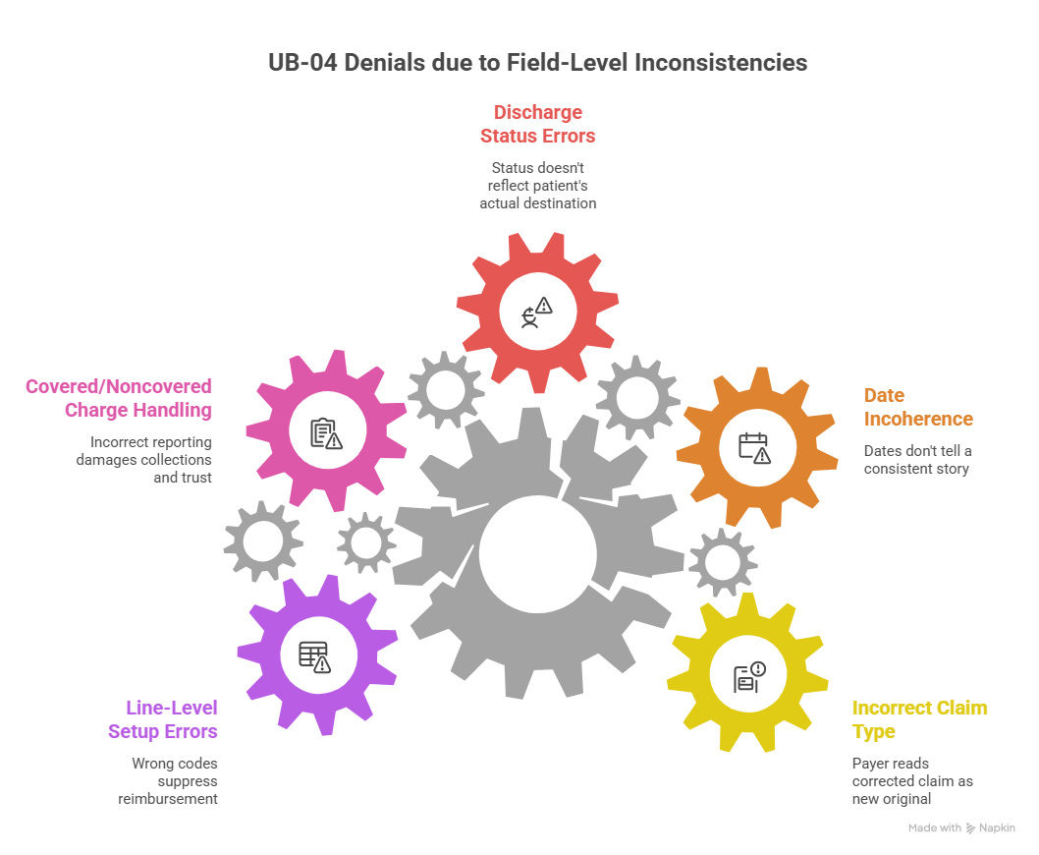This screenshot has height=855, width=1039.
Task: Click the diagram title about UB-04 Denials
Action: click(538, 63)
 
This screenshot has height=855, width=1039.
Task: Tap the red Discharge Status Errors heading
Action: click(537, 123)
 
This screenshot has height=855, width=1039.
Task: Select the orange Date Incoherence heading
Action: click(918, 407)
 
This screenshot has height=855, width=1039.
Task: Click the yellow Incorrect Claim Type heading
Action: click(919, 719)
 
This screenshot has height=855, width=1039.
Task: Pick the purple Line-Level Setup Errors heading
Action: click(162, 719)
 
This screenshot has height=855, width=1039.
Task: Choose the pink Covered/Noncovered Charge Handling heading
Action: click(118, 398)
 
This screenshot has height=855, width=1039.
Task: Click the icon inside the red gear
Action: click(537, 313)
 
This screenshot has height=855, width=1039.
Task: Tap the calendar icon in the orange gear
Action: click(754, 447)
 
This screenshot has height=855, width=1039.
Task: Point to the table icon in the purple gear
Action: click(314, 656)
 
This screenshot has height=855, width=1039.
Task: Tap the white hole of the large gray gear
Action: click(537, 553)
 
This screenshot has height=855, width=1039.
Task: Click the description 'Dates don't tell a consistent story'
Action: click(916, 460)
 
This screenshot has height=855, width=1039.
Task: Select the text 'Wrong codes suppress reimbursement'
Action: click(174, 780)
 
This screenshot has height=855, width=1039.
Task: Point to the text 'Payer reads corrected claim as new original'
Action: click(911, 780)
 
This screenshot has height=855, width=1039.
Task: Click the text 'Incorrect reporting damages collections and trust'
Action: click(144, 460)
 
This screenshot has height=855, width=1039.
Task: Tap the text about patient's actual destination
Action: click(537, 186)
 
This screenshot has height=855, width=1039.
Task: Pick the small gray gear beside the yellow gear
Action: click(722, 562)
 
